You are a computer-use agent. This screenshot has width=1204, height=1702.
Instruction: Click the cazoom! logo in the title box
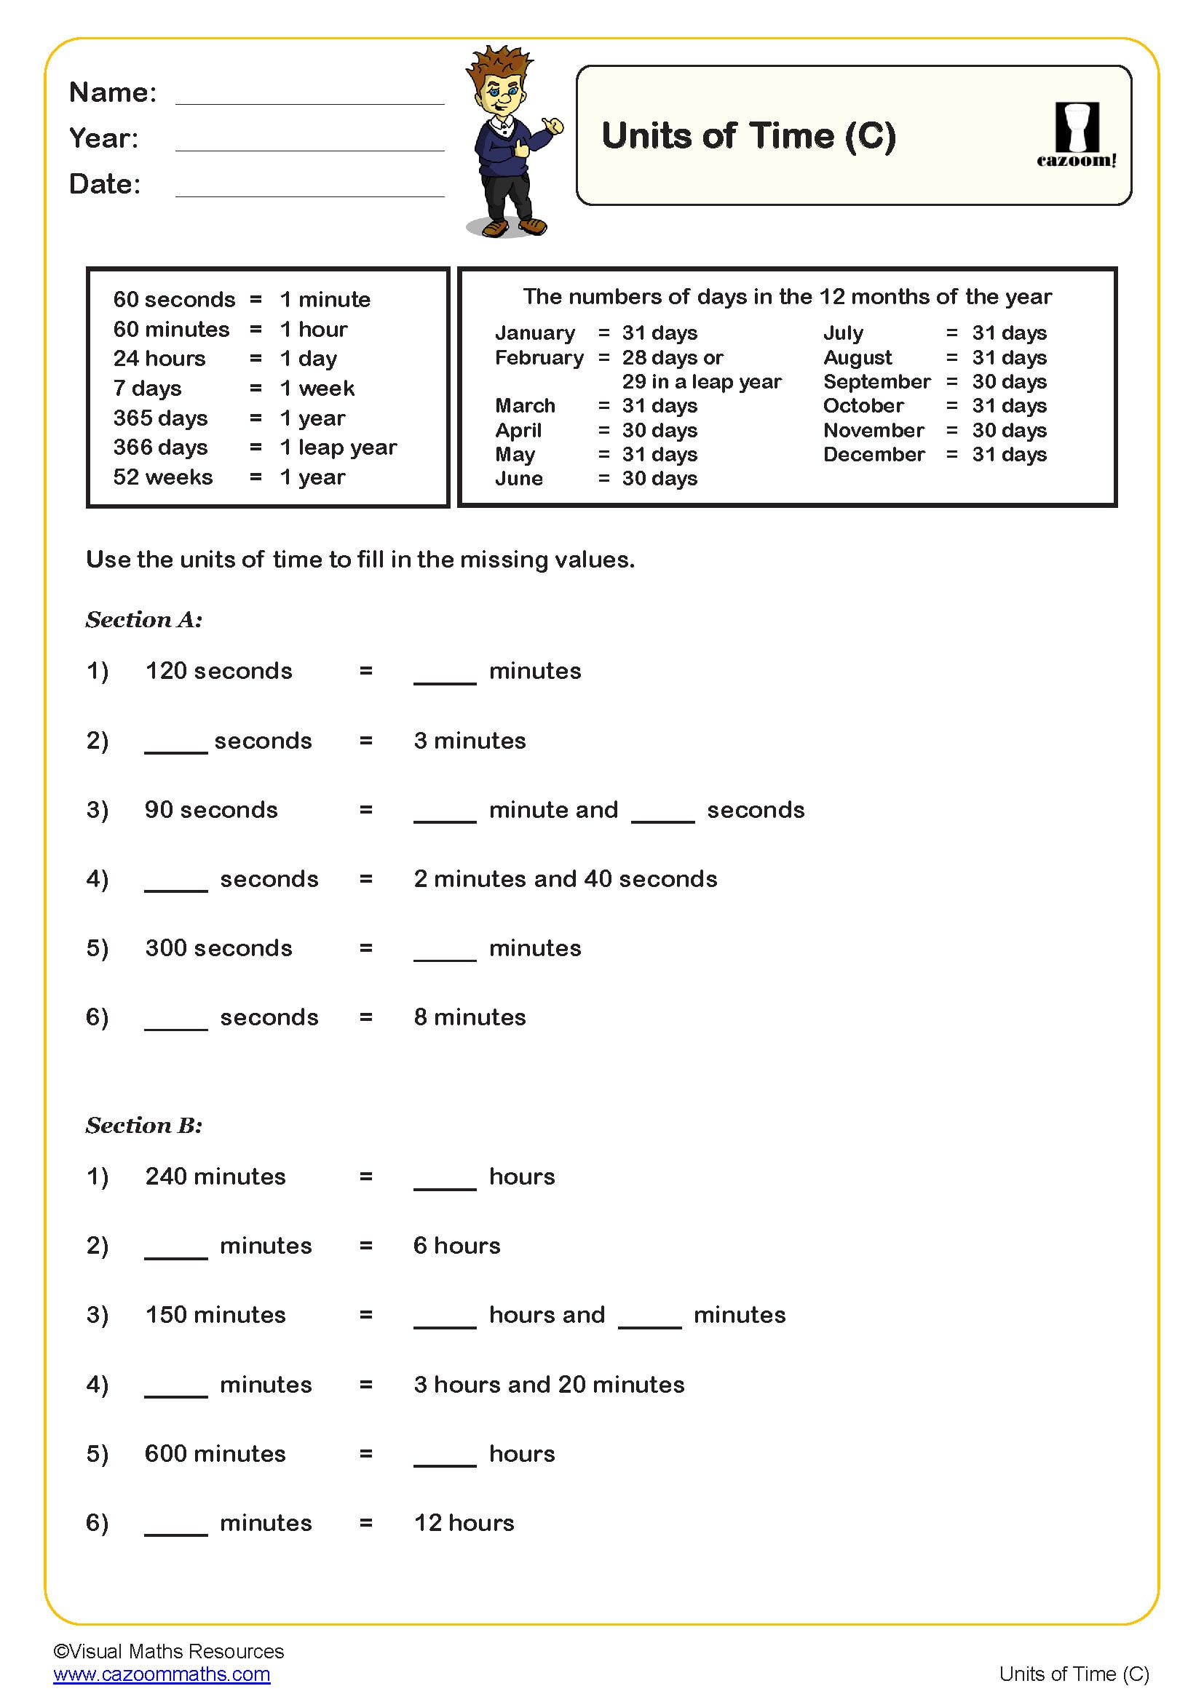click(1076, 135)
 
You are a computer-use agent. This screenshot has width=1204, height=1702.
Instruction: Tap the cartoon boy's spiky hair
click(499, 63)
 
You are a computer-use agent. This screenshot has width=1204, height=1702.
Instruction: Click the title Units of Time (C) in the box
click(748, 135)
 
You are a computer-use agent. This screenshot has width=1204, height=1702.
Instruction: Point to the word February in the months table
click(539, 358)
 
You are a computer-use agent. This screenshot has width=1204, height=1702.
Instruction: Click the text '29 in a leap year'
click(701, 382)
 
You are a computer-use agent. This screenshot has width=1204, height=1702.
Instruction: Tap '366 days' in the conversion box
click(160, 448)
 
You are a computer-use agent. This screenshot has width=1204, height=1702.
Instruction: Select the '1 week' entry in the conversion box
click(317, 389)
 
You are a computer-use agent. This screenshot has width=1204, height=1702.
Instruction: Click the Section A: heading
click(144, 620)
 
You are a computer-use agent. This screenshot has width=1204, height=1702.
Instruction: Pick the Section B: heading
click(144, 1125)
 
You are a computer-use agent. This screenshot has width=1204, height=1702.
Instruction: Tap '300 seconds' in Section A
click(218, 948)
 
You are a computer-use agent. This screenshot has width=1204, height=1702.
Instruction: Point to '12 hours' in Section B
click(464, 1522)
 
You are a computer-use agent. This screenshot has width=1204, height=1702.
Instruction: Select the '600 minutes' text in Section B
click(215, 1454)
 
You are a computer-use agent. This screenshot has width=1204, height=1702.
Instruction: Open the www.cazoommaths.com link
click(162, 1674)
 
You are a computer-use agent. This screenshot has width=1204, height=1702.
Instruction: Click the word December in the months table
click(874, 454)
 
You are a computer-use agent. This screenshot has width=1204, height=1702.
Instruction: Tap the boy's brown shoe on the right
click(533, 226)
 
